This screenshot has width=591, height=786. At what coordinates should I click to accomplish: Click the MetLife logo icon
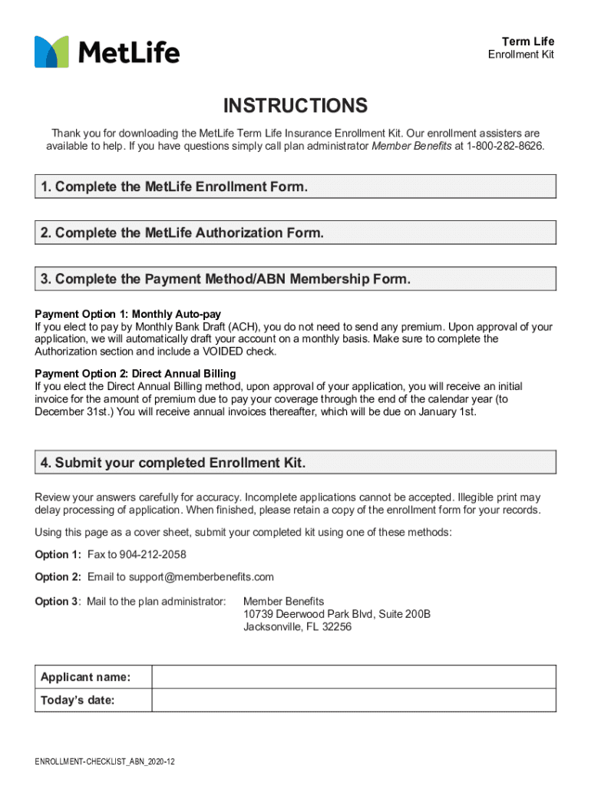click(51, 52)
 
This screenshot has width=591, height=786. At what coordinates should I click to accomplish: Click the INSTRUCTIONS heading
click(295, 106)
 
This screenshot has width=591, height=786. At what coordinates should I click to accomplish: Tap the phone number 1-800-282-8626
click(505, 146)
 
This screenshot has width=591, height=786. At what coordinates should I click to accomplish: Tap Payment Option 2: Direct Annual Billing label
click(135, 374)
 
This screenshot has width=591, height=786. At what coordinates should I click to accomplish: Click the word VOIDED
click(224, 352)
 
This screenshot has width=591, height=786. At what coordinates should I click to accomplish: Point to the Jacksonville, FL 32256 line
click(297, 627)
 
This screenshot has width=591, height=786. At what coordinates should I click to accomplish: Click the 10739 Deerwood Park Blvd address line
click(337, 614)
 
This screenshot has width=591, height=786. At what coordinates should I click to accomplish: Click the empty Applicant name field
click(353, 677)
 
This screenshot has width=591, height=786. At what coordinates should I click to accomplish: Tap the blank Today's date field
click(353, 700)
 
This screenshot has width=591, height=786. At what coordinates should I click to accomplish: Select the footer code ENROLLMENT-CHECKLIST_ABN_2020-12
click(105, 762)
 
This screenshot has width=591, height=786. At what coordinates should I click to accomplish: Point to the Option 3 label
click(57, 601)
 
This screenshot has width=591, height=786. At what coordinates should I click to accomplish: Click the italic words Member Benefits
click(411, 146)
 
